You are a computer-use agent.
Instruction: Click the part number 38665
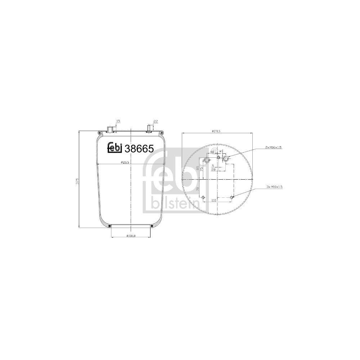[x=139, y=148]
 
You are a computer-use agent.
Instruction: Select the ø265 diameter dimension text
[x=125, y=162]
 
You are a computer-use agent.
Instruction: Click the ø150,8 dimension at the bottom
[x=130, y=236]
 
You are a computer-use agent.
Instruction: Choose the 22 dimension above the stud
[x=156, y=122]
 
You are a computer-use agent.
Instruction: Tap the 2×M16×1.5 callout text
[x=274, y=148]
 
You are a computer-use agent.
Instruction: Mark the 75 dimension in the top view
[x=202, y=168]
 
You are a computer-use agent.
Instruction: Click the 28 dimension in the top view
[x=213, y=169]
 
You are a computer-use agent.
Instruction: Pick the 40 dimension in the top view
[x=212, y=152]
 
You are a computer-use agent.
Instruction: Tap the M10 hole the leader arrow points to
[x=233, y=197]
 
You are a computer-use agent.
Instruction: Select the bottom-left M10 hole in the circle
[x=203, y=197]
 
